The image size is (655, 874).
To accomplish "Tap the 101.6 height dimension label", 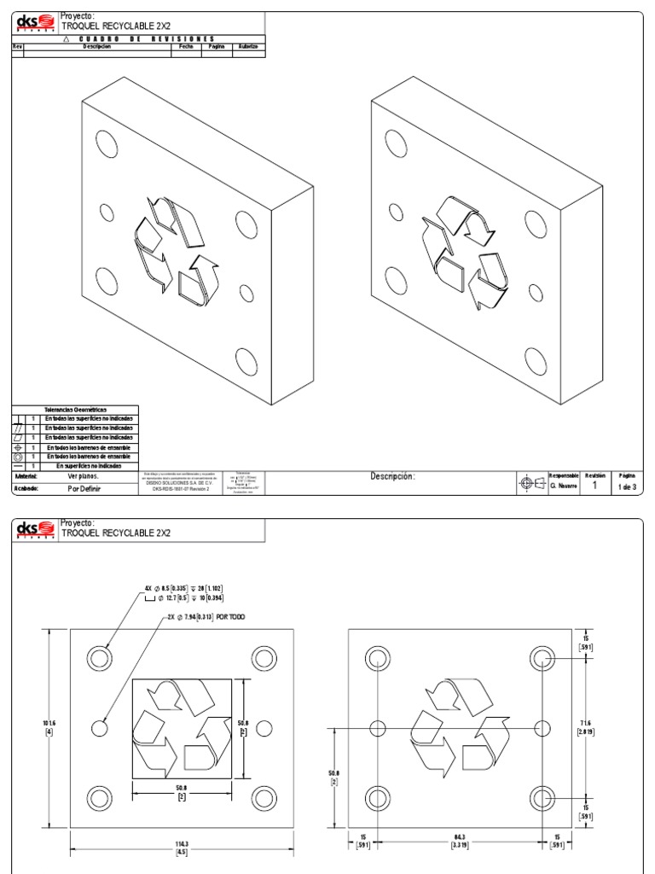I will pos(36,728).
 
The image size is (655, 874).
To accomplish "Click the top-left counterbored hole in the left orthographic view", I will pos(100,657).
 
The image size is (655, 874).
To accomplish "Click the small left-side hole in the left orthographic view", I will pos(100,729).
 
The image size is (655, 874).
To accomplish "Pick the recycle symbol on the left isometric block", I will pos(171,248).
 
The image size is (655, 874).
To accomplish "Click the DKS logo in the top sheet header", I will pos(36,20).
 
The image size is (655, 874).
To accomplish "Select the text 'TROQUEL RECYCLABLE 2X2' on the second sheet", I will pos(115,533).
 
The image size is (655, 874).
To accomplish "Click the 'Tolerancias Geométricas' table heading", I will pos(76,410).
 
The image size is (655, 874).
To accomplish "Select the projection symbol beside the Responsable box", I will pos(531,483).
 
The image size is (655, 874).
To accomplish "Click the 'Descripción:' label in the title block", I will pos(391,476).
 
